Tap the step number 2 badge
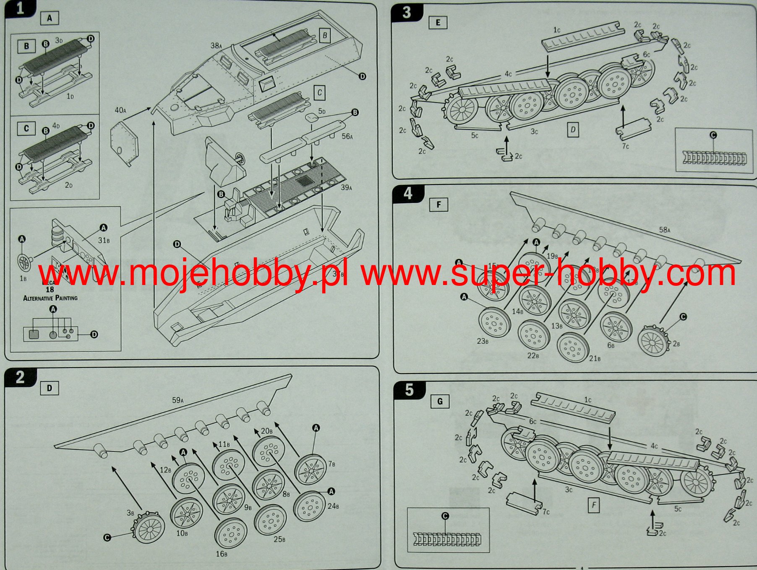[19, 378]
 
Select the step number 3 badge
[406, 13]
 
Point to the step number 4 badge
[407, 194]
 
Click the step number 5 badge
[409, 390]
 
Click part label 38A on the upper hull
[216, 46]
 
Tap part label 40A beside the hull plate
[120, 110]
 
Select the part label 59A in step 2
[178, 400]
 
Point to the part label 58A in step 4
[664, 230]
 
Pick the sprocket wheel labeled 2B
[653, 341]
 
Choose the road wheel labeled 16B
[230, 533]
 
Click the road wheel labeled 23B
[494, 322]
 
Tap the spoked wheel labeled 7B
[311, 469]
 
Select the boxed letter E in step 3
[438, 23]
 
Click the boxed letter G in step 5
[440, 402]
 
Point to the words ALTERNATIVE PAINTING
[50, 298]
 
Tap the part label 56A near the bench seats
[347, 136]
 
